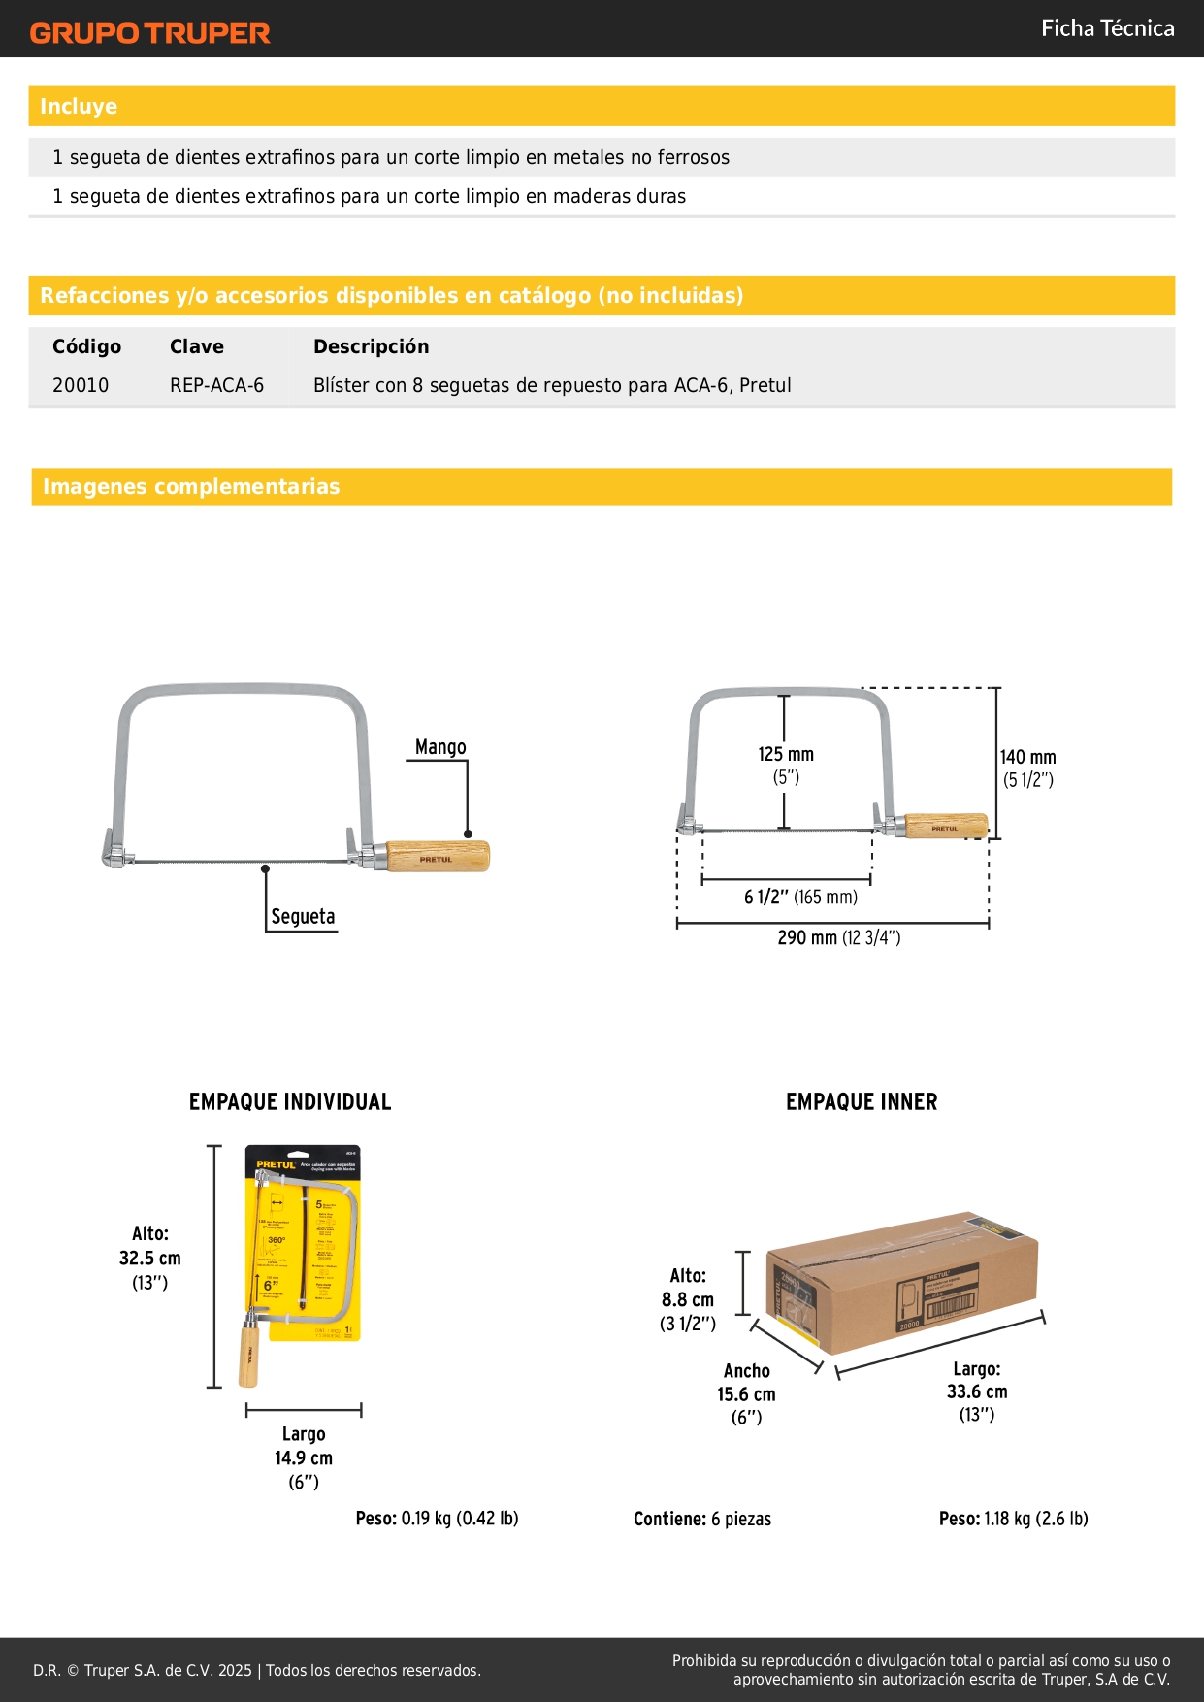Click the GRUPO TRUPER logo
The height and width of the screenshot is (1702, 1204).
(149, 33)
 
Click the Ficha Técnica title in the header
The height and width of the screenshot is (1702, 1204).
(1107, 29)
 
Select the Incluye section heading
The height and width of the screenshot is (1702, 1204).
(79, 107)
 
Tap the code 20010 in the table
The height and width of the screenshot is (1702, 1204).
(81, 385)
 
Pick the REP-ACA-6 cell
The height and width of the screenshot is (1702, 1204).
(216, 385)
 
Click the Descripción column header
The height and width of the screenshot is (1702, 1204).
(371, 346)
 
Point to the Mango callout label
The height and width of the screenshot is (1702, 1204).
(440, 747)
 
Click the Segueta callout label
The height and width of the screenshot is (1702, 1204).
(303, 916)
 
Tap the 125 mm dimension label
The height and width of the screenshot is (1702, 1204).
(786, 755)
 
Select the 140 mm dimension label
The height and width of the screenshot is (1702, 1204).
(1028, 758)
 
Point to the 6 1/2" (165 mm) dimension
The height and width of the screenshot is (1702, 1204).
(800, 897)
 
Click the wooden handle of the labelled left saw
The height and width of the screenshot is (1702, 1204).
(438, 857)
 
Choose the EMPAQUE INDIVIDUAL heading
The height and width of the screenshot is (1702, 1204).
(290, 1102)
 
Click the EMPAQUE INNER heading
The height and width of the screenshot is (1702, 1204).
(862, 1102)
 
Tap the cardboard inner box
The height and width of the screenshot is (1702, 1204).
(902, 1281)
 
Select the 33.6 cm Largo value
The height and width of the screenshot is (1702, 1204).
(977, 1391)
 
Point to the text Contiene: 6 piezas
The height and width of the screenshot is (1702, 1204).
(702, 1519)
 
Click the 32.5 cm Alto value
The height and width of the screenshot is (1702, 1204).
(150, 1259)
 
